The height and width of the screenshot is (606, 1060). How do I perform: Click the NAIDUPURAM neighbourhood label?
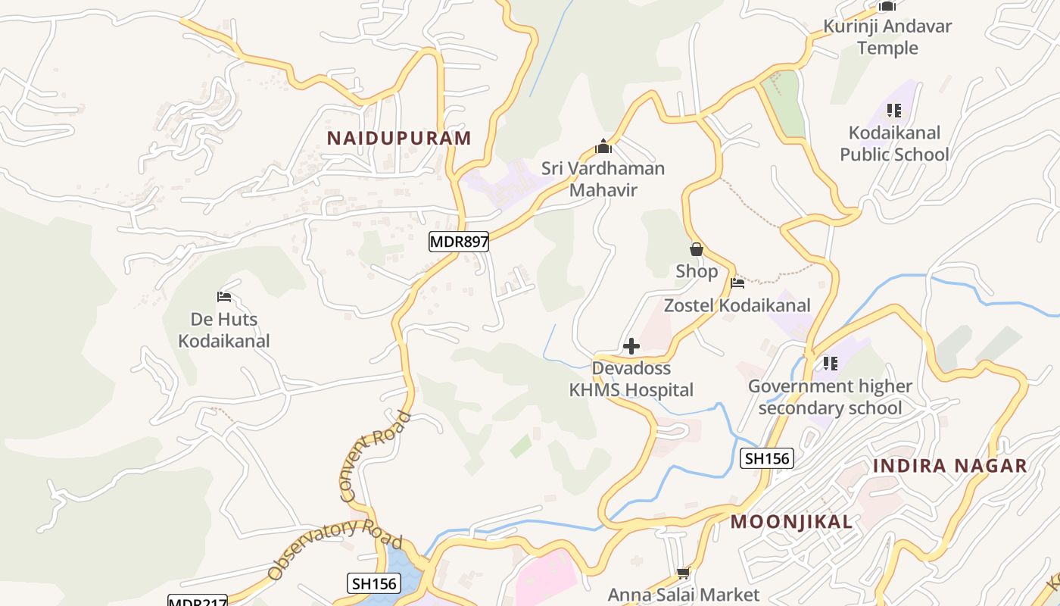point(399,138)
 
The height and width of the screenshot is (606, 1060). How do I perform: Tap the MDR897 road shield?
point(459,242)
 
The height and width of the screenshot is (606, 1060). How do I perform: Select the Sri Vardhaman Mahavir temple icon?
point(603,146)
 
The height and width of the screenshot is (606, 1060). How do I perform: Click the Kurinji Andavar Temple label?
point(887,36)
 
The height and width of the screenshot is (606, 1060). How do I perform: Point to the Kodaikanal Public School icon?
point(894,111)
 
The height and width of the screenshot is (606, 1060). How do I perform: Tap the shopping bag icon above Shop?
point(696,249)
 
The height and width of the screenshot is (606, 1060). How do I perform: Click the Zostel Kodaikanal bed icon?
point(737,283)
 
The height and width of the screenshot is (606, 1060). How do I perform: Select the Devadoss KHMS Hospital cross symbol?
point(631,347)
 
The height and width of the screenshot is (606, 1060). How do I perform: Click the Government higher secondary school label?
point(830,397)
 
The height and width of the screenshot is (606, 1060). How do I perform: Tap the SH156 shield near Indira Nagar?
point(766,458)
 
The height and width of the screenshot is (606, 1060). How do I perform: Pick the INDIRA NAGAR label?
point(949,465)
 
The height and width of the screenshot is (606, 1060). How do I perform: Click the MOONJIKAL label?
point(791,521)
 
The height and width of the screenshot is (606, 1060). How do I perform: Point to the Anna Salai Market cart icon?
point(683,573)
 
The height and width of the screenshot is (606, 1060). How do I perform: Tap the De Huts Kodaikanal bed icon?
point(223,296)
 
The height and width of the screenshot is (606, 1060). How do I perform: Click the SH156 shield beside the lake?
point(374,583)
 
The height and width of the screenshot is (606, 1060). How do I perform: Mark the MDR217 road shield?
point(197,601)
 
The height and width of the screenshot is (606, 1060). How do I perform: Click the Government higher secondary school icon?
point(830,364)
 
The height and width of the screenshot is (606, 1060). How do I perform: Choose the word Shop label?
point(697,271)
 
